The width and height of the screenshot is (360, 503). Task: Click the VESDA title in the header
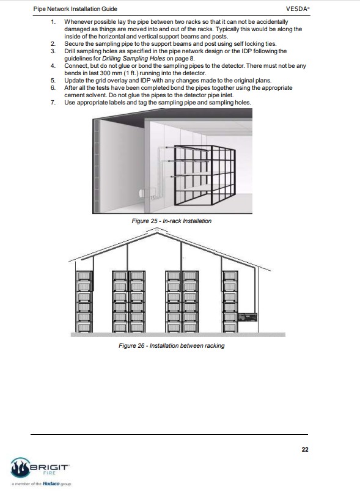(x=298, y=9)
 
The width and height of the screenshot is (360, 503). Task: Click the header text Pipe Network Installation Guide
(x=75, y=9)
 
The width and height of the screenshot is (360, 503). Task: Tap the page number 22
(x=305, y=449)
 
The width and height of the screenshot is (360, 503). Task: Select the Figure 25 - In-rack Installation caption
(x=171, y=221)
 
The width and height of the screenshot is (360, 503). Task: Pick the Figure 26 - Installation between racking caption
(x=171, y=345)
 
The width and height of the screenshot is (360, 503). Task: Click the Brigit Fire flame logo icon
(x=20, y=468)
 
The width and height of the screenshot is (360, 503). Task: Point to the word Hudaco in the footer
(x=51, y=484)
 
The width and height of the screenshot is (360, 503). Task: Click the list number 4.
(x=53, y=66)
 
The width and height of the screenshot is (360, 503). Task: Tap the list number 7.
(x=53, y=103)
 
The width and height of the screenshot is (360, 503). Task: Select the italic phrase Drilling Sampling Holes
(x=133, y=59)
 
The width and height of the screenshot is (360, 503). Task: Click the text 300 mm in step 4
(x=111, y=73)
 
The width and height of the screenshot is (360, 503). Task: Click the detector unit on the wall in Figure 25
(x=147, y=194)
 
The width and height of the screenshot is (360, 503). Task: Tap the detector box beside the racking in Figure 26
(x=248, y=317)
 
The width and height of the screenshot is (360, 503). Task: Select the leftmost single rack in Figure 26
(x=84, y=301)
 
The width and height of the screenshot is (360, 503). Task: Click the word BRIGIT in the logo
(x=49, y=467)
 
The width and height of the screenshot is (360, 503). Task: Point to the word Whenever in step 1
(x=78, y=22)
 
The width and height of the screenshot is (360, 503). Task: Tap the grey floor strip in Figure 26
(x=178, y=334)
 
